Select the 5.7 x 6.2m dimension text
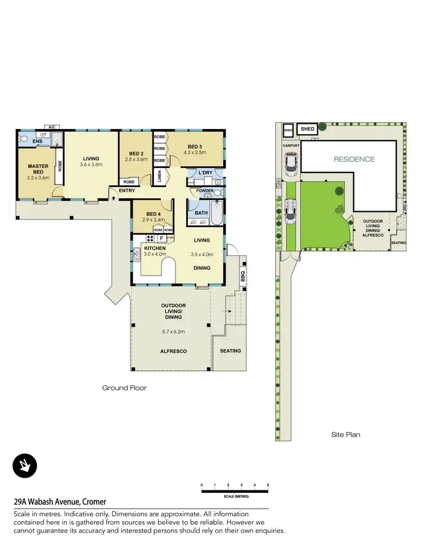tap(173, 331)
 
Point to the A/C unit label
tap(51, 127)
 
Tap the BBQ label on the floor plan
tap(243, 277)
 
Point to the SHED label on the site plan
tap(308, 129)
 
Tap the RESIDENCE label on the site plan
tap(354, 159)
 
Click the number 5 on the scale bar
tap(268, 485)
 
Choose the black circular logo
tap(25, 465)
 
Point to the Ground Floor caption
tap(124, 388)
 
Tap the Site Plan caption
tap(345, 434)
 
